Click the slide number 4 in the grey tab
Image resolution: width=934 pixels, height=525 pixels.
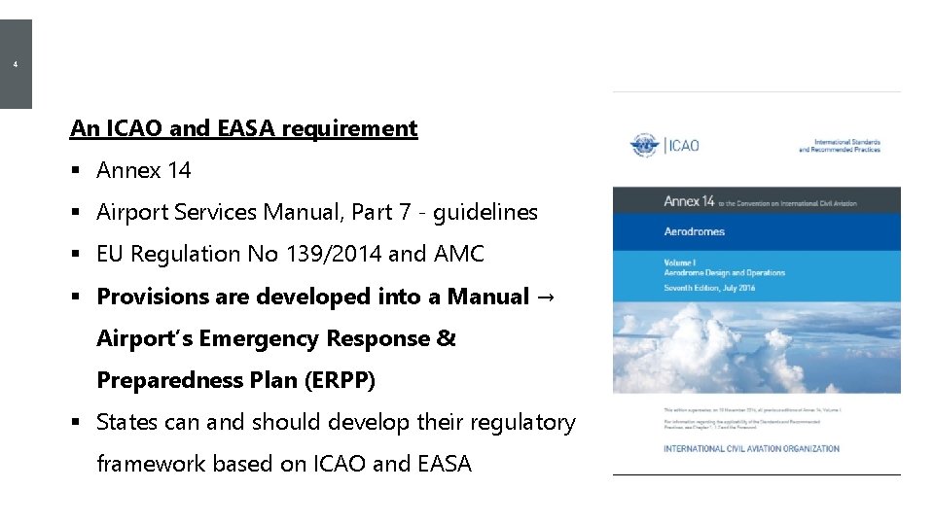click(16, 65)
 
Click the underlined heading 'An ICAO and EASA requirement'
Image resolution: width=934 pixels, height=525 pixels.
click(243, 128)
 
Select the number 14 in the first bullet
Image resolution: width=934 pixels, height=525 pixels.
click(178, 170)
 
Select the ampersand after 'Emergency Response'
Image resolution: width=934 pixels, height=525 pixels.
click(446, 338)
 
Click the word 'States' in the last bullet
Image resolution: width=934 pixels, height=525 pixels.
click(126, 422)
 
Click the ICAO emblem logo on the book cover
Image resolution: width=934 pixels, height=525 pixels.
click(644, 146)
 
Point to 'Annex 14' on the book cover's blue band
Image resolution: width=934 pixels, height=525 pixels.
click(689, 201)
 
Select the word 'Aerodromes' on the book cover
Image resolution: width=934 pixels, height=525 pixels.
click(695, 231)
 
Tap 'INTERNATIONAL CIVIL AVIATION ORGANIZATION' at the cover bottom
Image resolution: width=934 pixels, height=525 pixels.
click(751, 448)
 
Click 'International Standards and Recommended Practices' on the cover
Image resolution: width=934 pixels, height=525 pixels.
click(839, 146)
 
